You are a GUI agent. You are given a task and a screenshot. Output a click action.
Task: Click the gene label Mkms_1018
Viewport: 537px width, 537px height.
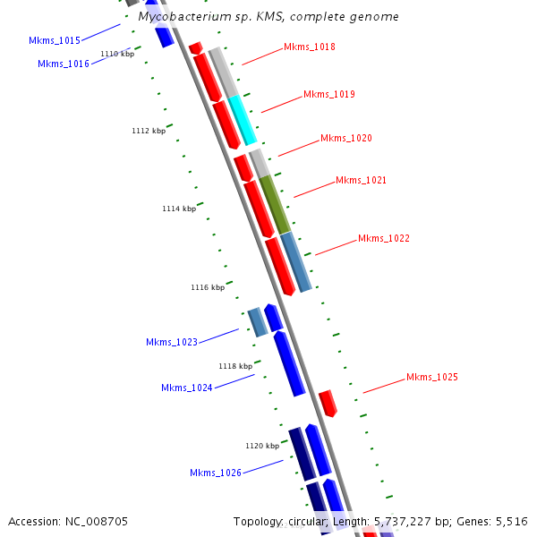pyautogui.click(x=309, y=47)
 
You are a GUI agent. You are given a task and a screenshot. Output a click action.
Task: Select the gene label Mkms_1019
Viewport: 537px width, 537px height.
pyautogui.click(x=328, y=94)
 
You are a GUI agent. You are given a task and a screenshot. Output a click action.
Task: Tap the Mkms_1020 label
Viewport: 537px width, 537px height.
pyautogui.click(x=345, y=138)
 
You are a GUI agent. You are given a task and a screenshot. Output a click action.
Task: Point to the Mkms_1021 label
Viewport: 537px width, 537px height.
pyautogui.click(x=361, y=180)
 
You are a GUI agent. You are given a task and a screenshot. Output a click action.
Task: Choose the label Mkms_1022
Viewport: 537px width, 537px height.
pyautogui.click(x=383, y=238)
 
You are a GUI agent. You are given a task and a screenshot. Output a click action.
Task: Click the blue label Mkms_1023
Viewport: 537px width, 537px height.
pyautogui.click(x=171, y=342)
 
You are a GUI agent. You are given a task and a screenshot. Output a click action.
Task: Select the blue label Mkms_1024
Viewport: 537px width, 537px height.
pyautogui.click(x=186, y=388)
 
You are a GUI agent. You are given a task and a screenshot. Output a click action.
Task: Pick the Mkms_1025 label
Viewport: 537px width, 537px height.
pyautogui.click(x=431, y=377)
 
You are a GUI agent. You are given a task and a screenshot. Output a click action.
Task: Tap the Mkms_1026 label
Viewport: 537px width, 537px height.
pyautogui.click(x=215, y=473)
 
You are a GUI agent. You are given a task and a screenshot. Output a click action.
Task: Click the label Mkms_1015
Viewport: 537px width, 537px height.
pyautogui.click(x=54, y=40)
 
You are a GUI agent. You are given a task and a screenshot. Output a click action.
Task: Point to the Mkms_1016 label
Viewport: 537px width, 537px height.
pyautogui.click(x=63, y=64)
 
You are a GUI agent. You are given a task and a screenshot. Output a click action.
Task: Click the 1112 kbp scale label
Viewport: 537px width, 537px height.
pyautogui.click(x=148, y=131)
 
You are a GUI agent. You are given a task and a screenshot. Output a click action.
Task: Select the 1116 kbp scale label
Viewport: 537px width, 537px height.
pyautogui.click(x=207, y=287)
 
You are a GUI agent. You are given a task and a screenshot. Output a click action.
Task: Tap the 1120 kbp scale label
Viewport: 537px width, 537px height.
pyautogui.click(x=262, y=445)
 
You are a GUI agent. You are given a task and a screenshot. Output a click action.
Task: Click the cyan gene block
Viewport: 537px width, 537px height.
pyautogui.click(x=243, y=119)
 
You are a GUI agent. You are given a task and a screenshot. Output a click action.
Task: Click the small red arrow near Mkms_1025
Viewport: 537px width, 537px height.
pyautogui.click(x=328, y=402)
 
